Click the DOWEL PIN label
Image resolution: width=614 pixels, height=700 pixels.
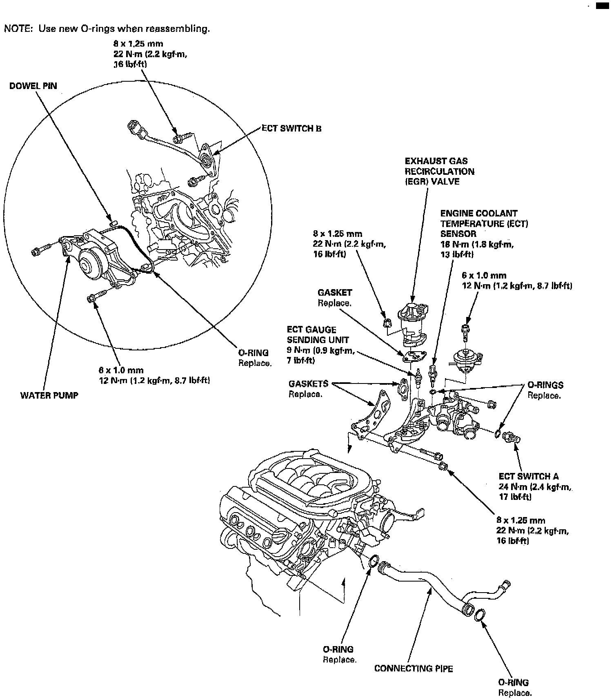click(x=33, y=86)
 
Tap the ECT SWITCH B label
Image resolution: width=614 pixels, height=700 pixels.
click(x=291, y=128)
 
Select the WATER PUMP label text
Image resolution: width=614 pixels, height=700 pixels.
click(x=49, y=395)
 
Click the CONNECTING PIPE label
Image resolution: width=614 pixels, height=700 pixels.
click(x=414, y=668)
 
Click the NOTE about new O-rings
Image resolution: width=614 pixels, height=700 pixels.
click(x=107, y=29)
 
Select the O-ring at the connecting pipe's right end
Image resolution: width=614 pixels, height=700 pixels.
click(x=480, y=615)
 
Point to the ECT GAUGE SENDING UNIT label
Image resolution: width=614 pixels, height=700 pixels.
click(x=311, y=334)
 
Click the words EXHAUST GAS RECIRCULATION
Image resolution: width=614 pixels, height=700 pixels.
click(x=439, y=166)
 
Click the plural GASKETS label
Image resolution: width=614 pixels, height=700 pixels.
click(x=308, y=384)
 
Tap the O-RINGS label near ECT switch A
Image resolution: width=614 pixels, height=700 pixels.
click(x=545, y=385)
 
